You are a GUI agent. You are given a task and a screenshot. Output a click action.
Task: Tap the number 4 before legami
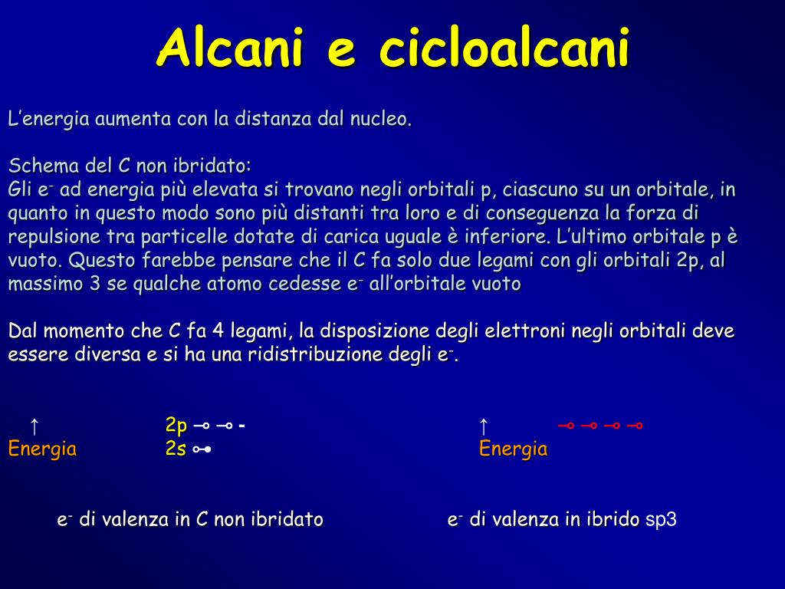(218, 331)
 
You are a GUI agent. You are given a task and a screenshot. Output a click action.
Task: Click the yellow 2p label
(176, 426)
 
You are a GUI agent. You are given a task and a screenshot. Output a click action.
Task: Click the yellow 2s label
(176, 449)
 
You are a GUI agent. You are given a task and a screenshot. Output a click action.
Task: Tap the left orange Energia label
(42, 449)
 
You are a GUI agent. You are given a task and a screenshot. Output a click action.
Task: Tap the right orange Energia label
(513, 449)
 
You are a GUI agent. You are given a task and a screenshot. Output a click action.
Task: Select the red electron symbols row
(599, 426)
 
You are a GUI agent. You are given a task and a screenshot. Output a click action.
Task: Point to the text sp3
(661, 520)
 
